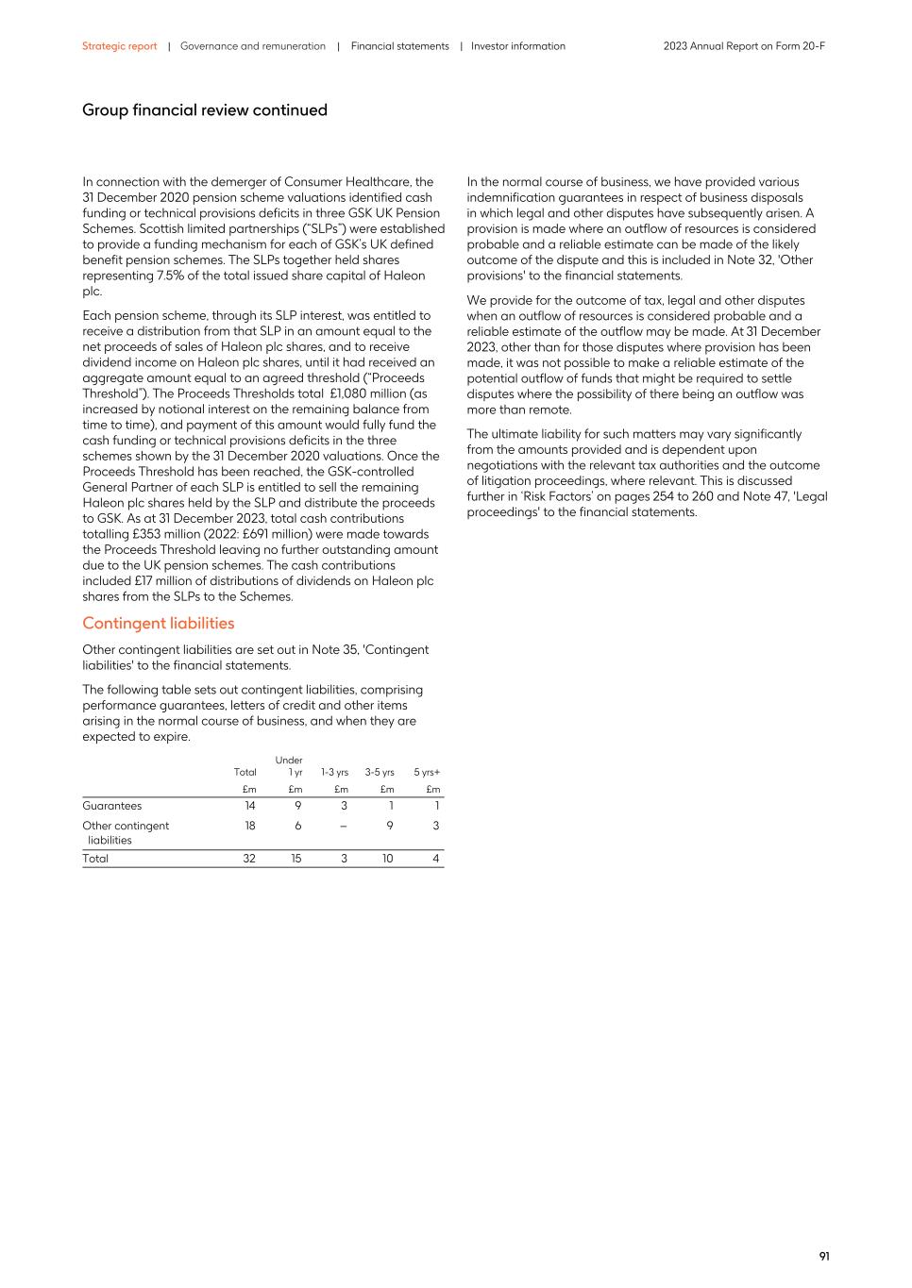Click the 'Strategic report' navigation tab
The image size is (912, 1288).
click(119, 46)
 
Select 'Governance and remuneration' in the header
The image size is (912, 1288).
click(252, 46)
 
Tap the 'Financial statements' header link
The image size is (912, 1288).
click(399, 46)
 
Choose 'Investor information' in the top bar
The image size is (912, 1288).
click(517, 46)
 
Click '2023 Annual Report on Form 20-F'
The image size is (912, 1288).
click(743, 46)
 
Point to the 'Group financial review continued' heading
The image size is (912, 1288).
click(204, 110)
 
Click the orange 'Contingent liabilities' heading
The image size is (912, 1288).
click(158, 623)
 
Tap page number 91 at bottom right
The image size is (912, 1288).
click(823, 1256)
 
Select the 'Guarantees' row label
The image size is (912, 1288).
click(111, 806)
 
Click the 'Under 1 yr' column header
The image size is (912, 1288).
click(290, 766)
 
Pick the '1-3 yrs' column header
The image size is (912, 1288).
click(334, 773)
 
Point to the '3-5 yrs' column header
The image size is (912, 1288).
click(380, 773)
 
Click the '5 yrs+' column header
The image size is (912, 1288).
click(427, 773)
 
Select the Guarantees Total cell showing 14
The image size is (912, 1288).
click(249, 806)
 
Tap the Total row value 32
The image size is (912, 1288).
click(248, 859)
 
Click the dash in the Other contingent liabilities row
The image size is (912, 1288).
click(344, 826)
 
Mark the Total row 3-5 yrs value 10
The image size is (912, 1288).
click(387, 859)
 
